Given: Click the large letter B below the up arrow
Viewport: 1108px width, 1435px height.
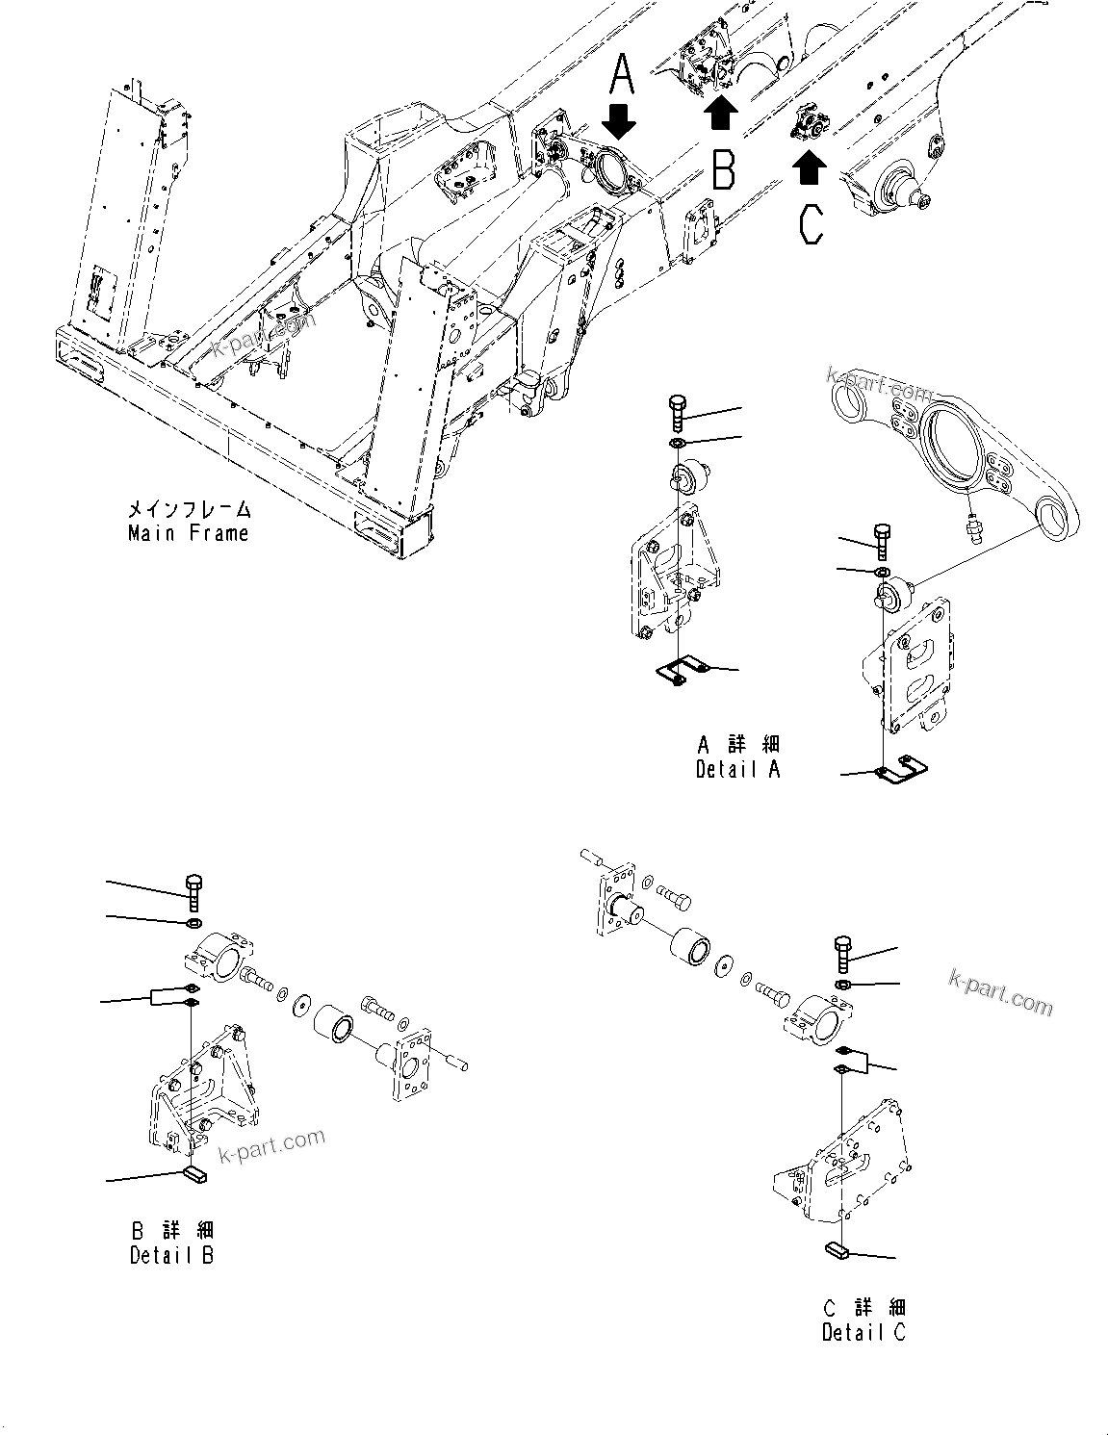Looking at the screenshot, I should coord(723,167).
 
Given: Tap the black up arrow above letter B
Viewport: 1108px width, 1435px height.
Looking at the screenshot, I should coord(721,113).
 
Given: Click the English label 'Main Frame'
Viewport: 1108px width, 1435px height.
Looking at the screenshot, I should coord(188,533).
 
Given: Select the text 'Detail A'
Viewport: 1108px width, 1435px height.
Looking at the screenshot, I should coord(737,769).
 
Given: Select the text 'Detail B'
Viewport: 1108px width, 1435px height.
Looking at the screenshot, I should coord(171,1255).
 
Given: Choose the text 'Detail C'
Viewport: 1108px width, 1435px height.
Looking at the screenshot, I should coord(863,1332).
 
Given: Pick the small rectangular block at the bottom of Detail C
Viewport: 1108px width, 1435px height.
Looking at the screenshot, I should coord(836,1251).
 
